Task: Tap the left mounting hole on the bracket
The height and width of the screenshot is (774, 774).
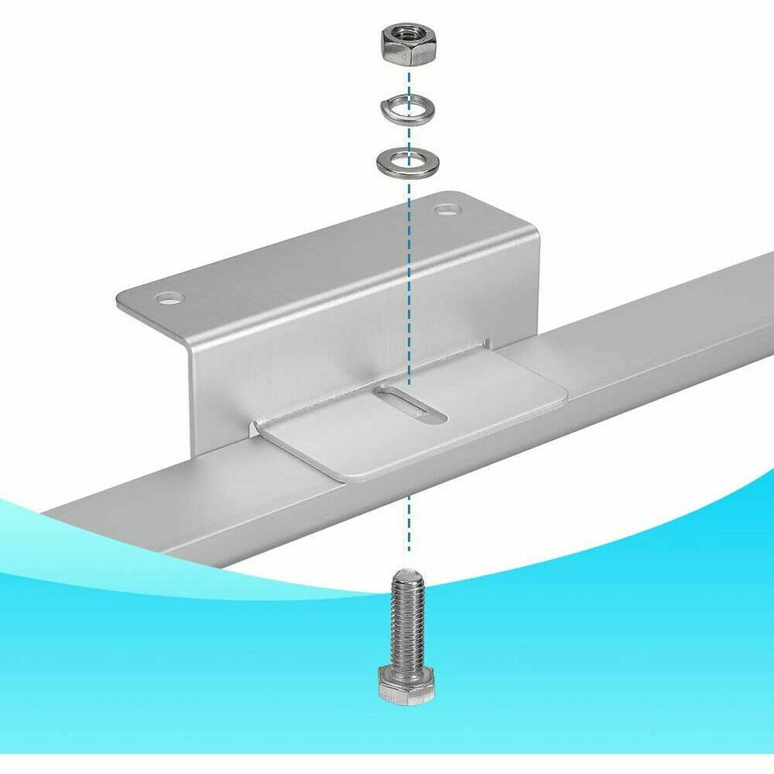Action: click(169, 298)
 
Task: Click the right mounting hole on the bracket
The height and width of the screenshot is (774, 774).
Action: click(446, 210)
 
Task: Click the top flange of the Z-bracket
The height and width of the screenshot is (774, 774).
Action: click(322, 258)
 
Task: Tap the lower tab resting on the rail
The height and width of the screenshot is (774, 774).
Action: click(451, 419)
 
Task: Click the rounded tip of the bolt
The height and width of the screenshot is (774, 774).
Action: click(407, 574)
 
